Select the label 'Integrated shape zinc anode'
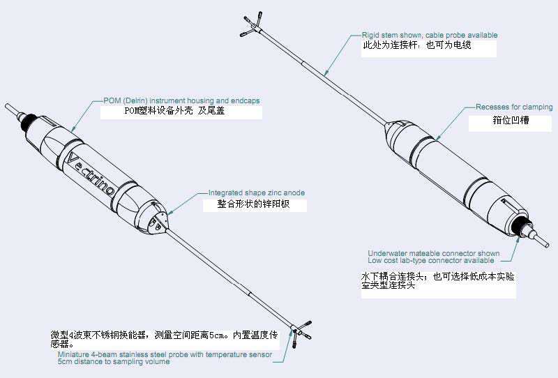257,193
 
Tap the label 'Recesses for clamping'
514,107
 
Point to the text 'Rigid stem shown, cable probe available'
430,36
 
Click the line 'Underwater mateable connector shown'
434,253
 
